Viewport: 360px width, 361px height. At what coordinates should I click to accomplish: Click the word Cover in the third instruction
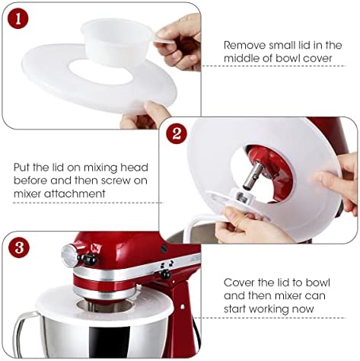[240, 281]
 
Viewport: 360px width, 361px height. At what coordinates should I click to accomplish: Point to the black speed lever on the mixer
[163, 273]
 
